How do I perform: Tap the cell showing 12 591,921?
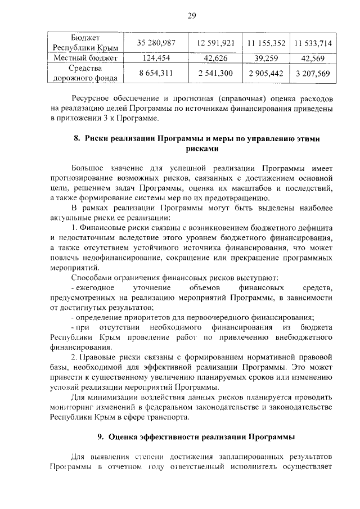[x=215, y=43]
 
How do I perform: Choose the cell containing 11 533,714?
[x=313, y=43]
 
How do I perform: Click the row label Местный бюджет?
[x=85, y=58]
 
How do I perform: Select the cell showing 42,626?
[x=215, y=58]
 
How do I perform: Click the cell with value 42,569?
[x=313, y=58]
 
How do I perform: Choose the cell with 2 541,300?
[x=215, y=74]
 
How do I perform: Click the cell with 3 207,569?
[x=313, y=74]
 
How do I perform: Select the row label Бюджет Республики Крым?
[x=85, y=43]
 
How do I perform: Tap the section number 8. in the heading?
[x=78, y=139]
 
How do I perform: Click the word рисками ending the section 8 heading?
[x=201, y=150]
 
